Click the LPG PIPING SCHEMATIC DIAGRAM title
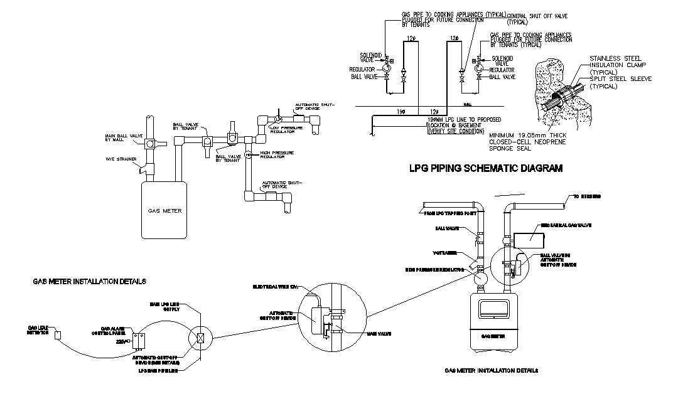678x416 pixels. point(485,168)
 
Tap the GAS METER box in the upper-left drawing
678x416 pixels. point(164,210)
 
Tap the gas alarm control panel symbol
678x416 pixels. point(139,339)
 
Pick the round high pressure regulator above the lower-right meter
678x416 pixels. point(479,274)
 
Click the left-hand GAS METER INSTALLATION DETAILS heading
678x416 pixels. point(89,282)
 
